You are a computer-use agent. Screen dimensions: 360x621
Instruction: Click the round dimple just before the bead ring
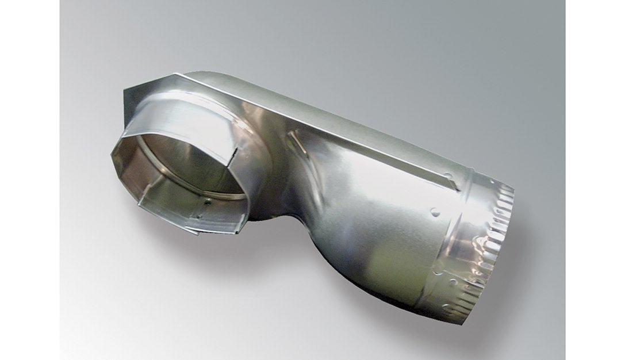click(x=435, y=212)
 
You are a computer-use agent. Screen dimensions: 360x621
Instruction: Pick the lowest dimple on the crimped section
click(x=454, y=282)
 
